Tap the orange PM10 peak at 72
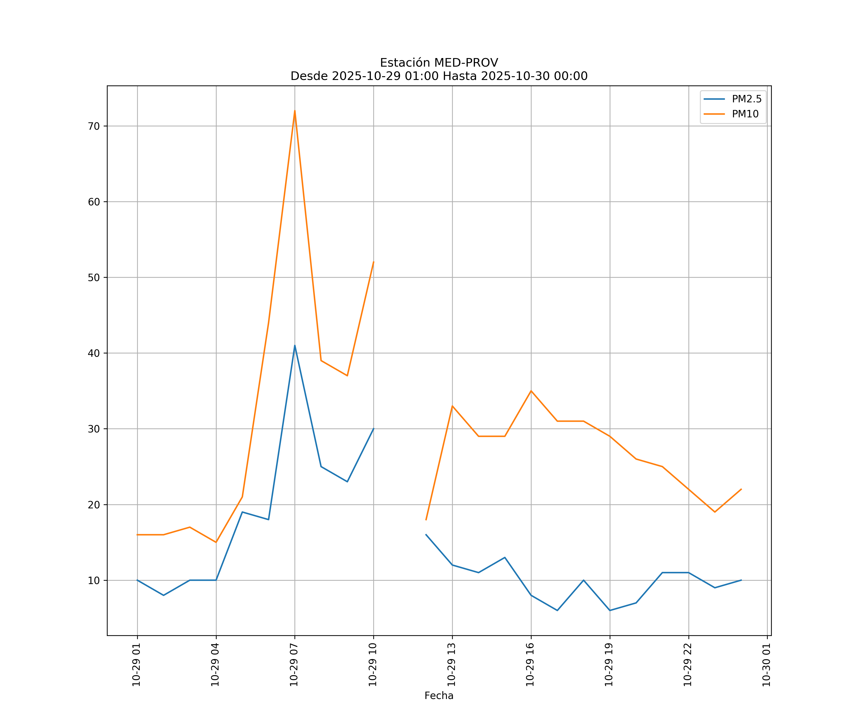click(295, 111)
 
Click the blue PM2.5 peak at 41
click(295, 346)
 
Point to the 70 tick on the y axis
click(94, 126)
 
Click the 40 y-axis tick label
click(94, 353)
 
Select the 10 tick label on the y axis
click(94, 580)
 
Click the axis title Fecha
click(439, 696)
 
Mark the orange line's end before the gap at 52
click(374, 262)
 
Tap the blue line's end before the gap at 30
click(374, 429)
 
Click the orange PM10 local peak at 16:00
click(531, 391)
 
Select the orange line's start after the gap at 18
click(426, 520)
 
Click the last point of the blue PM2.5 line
click(741, 580)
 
